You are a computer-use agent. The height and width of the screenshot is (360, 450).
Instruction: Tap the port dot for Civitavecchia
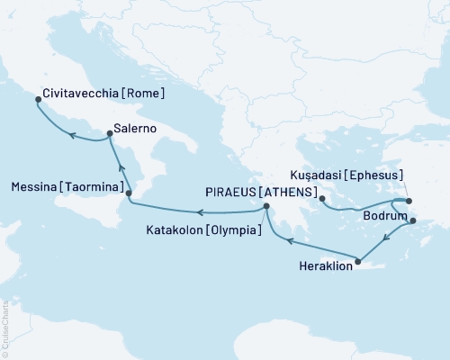tap(37, 101)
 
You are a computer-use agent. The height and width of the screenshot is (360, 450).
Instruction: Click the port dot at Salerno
tap(110, 134)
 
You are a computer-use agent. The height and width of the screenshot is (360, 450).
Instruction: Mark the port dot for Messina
tap(129, 193)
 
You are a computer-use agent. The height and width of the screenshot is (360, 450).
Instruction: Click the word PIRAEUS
tap(233, 193)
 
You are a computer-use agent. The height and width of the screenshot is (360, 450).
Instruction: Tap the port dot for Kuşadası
tap(408, 201)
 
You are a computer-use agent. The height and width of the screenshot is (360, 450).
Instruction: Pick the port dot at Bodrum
tap(413, 220)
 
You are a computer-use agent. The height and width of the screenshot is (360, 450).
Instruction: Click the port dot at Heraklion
tap(358, 262)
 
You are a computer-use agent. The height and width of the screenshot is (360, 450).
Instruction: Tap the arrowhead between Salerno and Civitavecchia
tap(73, 137)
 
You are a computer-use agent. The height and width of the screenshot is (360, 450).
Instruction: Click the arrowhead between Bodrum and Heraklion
tap(385, 239)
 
